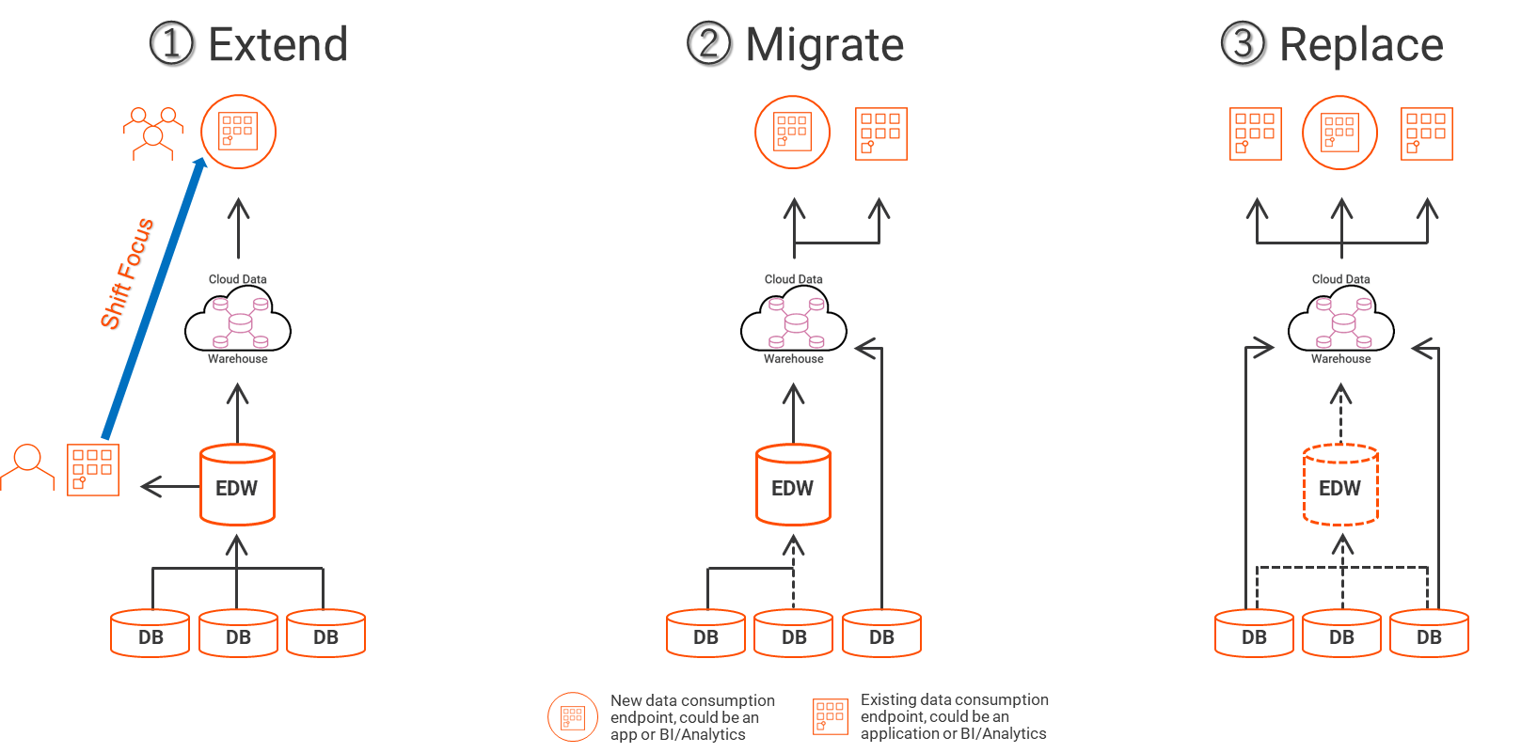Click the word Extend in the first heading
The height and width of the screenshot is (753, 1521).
[x=277, y=45]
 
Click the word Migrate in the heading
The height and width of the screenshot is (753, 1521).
[x=824, y=45]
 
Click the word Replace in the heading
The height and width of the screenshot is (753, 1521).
[x=1361, y=45]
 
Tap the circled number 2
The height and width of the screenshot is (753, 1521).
[x=708, y=43]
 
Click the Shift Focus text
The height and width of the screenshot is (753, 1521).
[x=128, y=273]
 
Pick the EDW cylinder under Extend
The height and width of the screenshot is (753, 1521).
[x=237, y=485]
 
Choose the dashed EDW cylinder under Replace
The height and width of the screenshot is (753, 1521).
[x=1340, y=485]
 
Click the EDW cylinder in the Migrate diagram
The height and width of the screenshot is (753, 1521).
[x=793, y=485]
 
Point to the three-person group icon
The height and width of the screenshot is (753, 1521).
[x=153, y=133]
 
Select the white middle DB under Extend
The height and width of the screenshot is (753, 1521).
[x=238, y=634]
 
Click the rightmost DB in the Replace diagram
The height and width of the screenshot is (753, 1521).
[x=1429, y=634]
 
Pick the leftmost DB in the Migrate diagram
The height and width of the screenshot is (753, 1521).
[x=705, y=634]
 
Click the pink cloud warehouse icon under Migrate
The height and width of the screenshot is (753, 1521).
[x=796, y=322]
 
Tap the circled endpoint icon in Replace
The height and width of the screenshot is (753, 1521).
[x=1339, y=133]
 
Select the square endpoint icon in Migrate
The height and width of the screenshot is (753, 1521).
[x=881, y=133]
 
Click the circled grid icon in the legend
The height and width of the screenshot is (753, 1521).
[x=573, y=717]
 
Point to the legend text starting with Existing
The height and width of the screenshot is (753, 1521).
[x=954, y=716]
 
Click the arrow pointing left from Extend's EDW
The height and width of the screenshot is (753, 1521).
[x=166, y=486]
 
